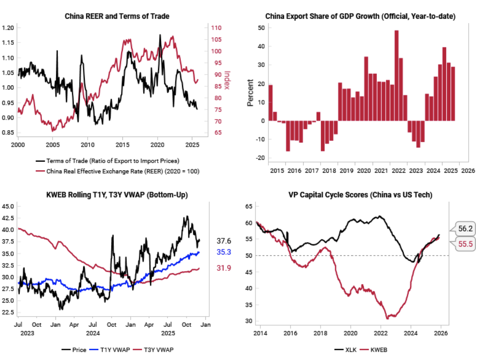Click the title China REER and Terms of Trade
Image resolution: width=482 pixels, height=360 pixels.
coord(117,16)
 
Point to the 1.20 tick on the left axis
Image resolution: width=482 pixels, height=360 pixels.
coord(8,28)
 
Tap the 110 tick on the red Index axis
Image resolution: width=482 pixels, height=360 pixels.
coord(216,28)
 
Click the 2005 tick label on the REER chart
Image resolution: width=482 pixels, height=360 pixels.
coord(52,144)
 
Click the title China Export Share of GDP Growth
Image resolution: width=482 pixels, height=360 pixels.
coord(360,16)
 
